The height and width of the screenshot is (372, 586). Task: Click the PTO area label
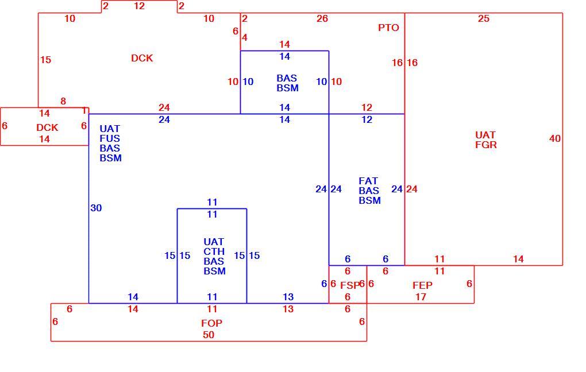388,28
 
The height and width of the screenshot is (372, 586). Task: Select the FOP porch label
211,323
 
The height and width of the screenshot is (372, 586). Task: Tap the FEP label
422,285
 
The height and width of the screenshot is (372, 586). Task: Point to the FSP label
350,285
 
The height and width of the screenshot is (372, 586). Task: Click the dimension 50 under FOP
209,335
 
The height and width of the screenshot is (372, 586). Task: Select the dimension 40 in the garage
555,138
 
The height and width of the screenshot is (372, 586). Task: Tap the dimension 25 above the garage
484,19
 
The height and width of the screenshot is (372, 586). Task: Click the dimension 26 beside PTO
322,19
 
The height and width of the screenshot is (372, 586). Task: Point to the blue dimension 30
96,208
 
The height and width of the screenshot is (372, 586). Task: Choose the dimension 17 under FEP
421,297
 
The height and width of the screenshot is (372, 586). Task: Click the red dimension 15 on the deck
45,60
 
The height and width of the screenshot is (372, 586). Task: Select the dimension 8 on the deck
63,101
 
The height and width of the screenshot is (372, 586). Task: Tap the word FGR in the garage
486,145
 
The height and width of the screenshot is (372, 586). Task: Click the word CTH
214,251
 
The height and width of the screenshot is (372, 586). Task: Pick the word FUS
110,138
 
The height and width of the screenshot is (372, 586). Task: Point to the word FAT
368,181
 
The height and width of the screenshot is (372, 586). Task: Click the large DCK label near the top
142,58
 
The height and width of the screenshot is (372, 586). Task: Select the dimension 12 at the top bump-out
140,6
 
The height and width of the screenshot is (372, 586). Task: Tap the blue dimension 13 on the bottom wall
288,297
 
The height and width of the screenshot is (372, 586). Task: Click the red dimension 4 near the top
245,38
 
